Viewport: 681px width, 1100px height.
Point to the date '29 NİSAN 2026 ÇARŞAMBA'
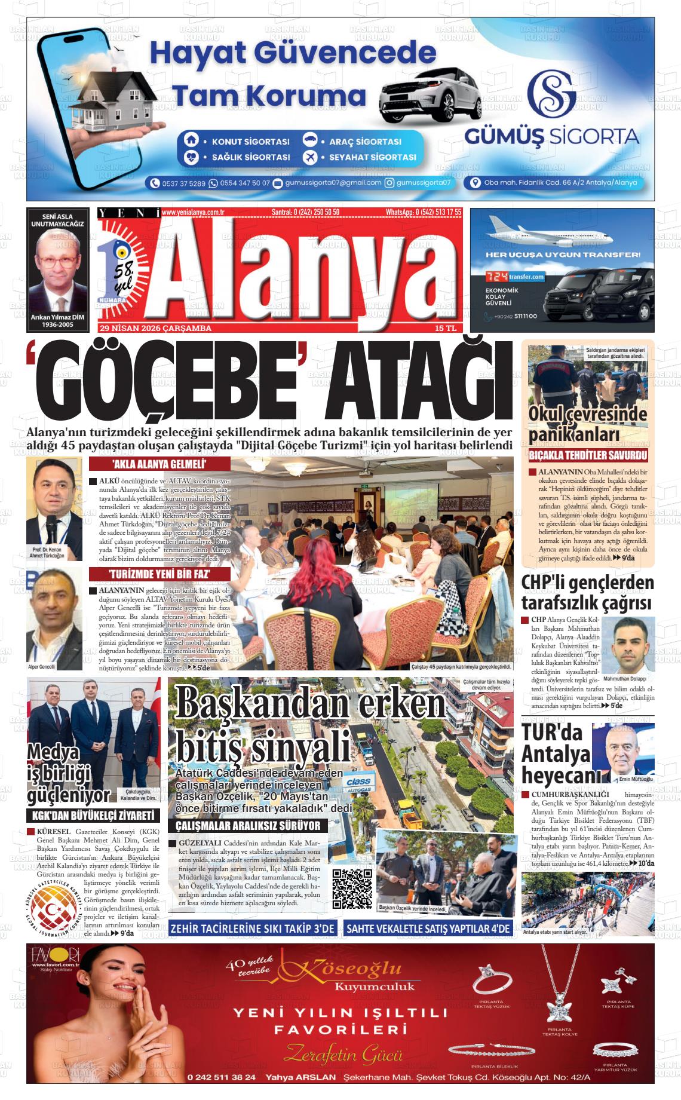tap(156, 328)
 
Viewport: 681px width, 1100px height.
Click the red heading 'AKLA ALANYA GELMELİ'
tap(151, 465)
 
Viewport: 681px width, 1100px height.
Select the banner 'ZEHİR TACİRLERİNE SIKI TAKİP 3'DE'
tap(252, 929)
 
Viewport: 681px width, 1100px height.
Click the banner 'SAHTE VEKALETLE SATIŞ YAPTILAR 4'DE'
tap(429, 929)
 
